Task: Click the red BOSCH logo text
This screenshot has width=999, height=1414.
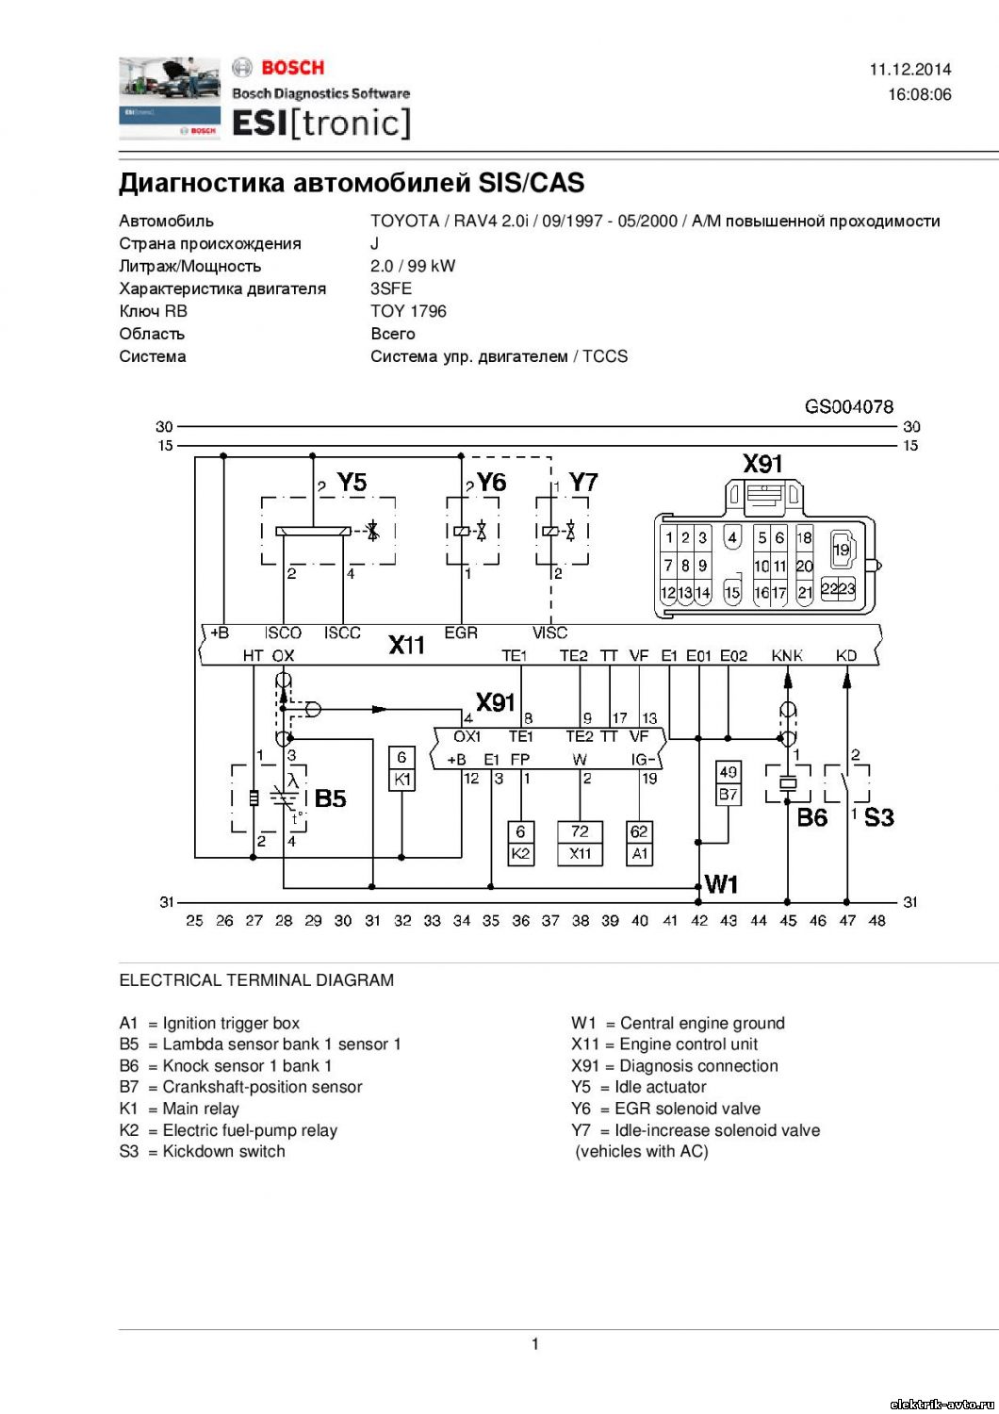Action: [293, 68]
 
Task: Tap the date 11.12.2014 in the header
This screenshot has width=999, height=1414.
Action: [910, 70]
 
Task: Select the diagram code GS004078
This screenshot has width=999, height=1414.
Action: [849, 406]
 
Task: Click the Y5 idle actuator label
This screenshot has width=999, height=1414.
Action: [352, 483]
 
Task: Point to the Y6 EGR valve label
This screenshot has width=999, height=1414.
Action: [492, 483]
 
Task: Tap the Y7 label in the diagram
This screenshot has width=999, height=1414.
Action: [583, 483]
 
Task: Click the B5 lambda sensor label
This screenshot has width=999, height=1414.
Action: [330, 798]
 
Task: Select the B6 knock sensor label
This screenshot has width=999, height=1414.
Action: [811, 817]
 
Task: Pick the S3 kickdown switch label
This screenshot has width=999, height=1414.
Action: [878, 817]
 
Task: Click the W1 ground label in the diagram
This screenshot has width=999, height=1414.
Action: [721, 884]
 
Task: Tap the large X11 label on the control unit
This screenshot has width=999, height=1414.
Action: [406, 645]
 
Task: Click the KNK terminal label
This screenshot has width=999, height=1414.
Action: [786, 656]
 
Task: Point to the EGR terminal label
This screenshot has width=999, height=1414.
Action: [461, 633]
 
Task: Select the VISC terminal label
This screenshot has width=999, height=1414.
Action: [549, 633]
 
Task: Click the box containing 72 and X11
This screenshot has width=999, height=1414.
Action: [580, 843]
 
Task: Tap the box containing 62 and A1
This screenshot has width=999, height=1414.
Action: [639, 843]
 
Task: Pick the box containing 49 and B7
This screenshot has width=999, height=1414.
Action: [729, 782]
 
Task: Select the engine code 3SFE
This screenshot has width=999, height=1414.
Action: [391, 288]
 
